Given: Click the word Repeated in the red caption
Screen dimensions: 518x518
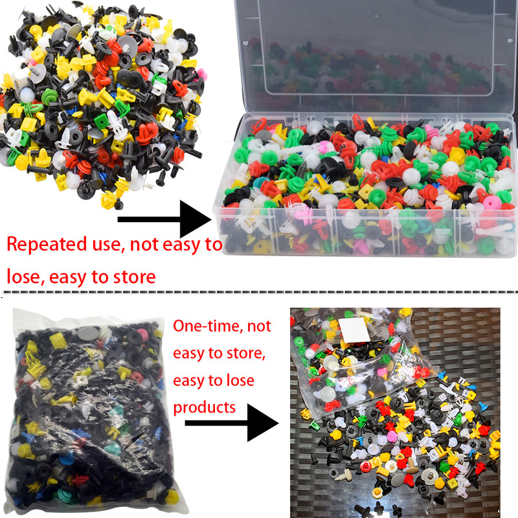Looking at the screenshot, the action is click(x=47, y=245).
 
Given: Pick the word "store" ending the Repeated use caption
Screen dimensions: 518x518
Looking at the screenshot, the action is click(x=135, y=277).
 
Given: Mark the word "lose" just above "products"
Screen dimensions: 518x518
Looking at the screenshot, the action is click(x=240, y=380).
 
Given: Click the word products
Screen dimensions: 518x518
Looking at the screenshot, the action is click(x=204, y=408).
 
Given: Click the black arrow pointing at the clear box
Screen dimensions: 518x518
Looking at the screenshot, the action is click(x=164, y=219).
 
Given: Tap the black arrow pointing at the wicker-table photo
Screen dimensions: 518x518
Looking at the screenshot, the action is click(x=232, y=423).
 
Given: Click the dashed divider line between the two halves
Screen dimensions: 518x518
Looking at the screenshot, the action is click(x=259, y=292).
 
